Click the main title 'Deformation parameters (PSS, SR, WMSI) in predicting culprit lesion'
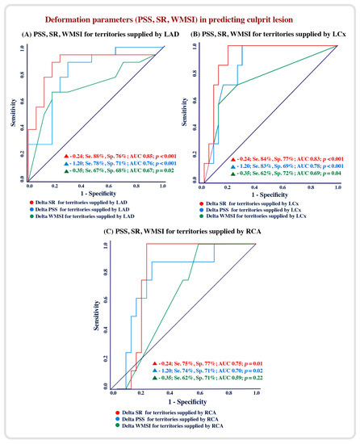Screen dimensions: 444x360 click(x=180, y=16)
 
